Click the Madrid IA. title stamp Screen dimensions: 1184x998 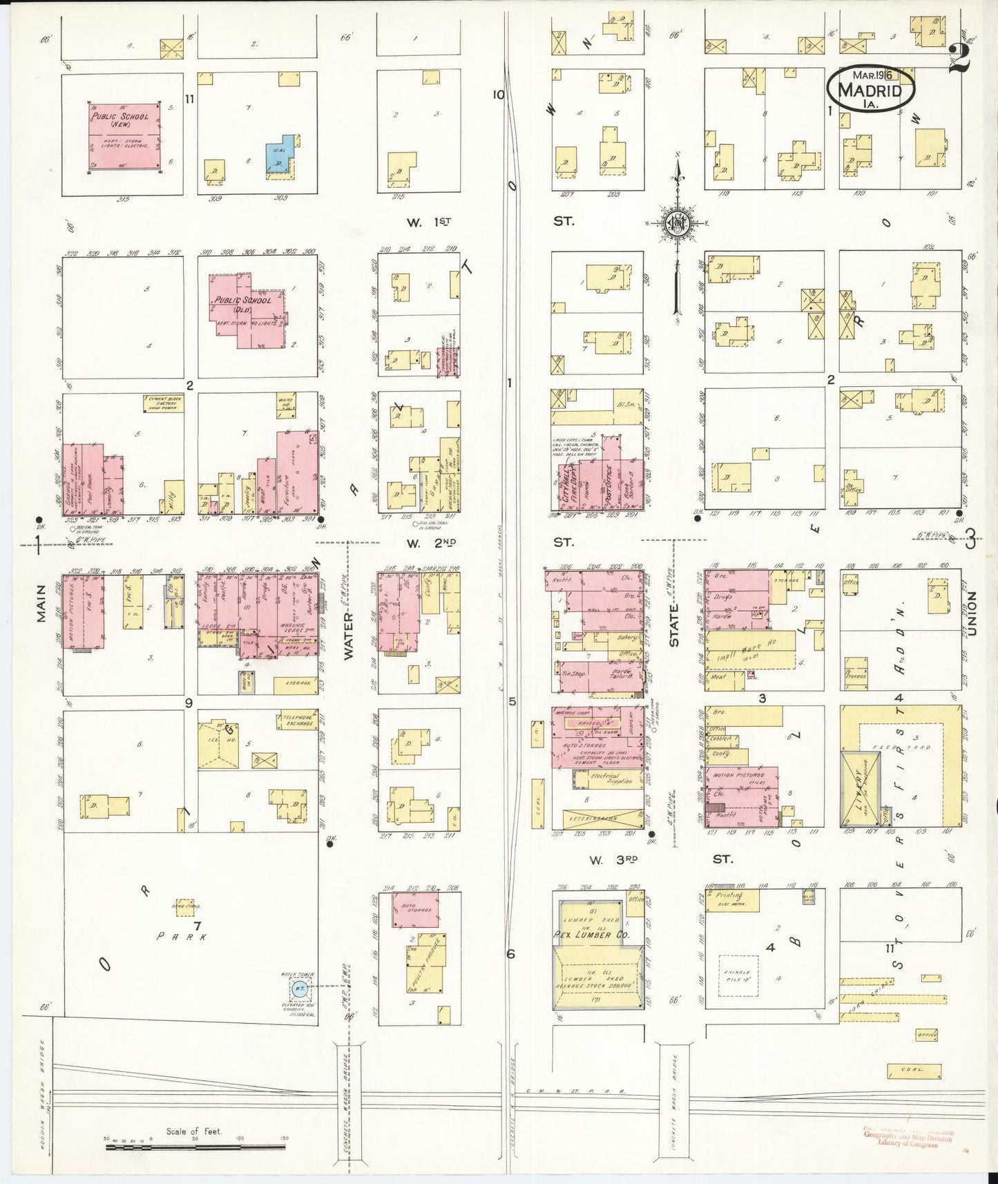point(871,88)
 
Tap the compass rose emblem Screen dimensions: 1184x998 point(677,222)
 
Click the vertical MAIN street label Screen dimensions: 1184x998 point(41,604)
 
